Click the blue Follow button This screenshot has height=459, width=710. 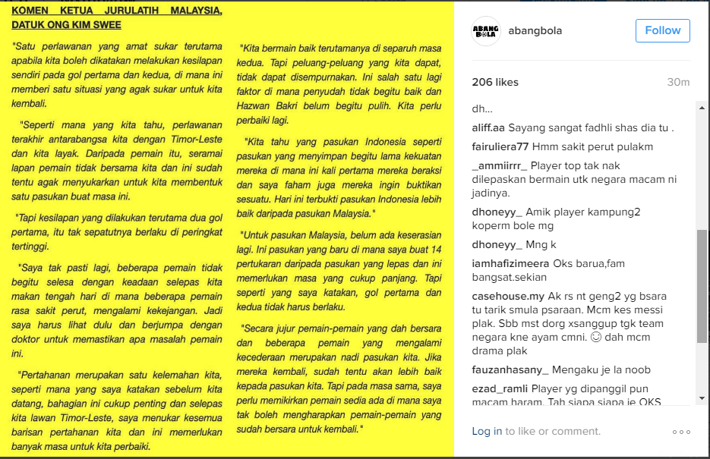663,30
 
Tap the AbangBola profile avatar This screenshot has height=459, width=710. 486,31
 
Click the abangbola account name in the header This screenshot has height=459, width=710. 535,31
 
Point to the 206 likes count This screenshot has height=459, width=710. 495,82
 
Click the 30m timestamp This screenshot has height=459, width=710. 678,82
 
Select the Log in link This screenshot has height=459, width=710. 487,431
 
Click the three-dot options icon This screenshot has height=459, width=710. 681,432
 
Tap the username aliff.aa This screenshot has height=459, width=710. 488,127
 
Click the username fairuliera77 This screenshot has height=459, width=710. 500,146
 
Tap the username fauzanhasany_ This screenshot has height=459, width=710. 510,369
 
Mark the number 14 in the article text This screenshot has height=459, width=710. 435,250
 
